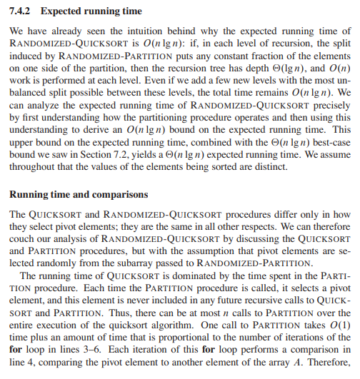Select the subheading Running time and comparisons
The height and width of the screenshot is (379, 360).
(x=78, y=193)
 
